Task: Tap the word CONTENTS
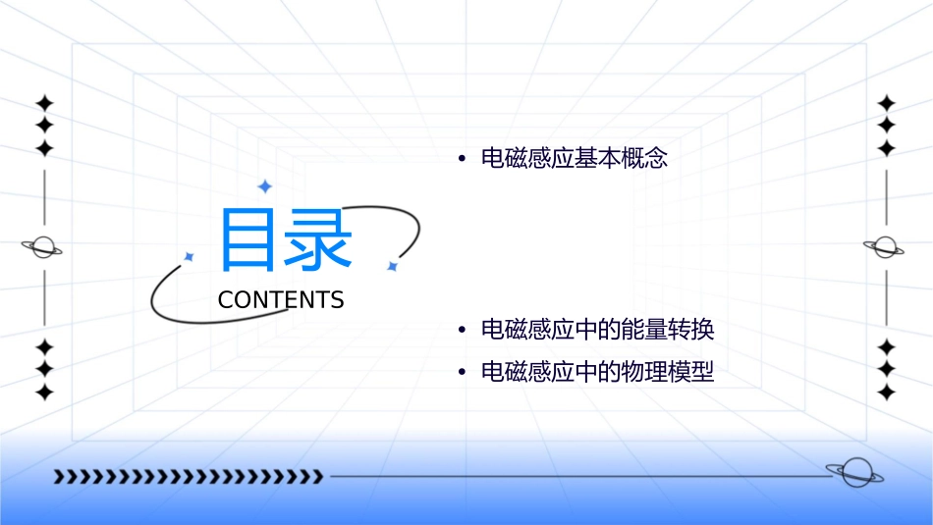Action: click(281, 300)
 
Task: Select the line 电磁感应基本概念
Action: click(575, 158)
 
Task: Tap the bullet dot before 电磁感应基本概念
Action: click(461, 159)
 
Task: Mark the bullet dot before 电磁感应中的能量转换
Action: click(461, 331)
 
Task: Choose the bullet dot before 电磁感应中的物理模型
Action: click(461, 374)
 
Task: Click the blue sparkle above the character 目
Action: click(264, 186)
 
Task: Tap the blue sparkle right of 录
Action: click(392, 266)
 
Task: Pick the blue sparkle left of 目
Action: click(189, 257)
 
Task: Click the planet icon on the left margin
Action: click(43, 247)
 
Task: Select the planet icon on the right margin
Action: click(886, 247)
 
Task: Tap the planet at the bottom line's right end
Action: click(854, 473)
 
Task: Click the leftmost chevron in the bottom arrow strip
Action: click(59, 477)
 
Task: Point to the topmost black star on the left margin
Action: click(44, 103)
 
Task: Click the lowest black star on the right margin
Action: click(887, 393)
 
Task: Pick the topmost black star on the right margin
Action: click(887, 103)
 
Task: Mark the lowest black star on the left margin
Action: click(44, 393)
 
